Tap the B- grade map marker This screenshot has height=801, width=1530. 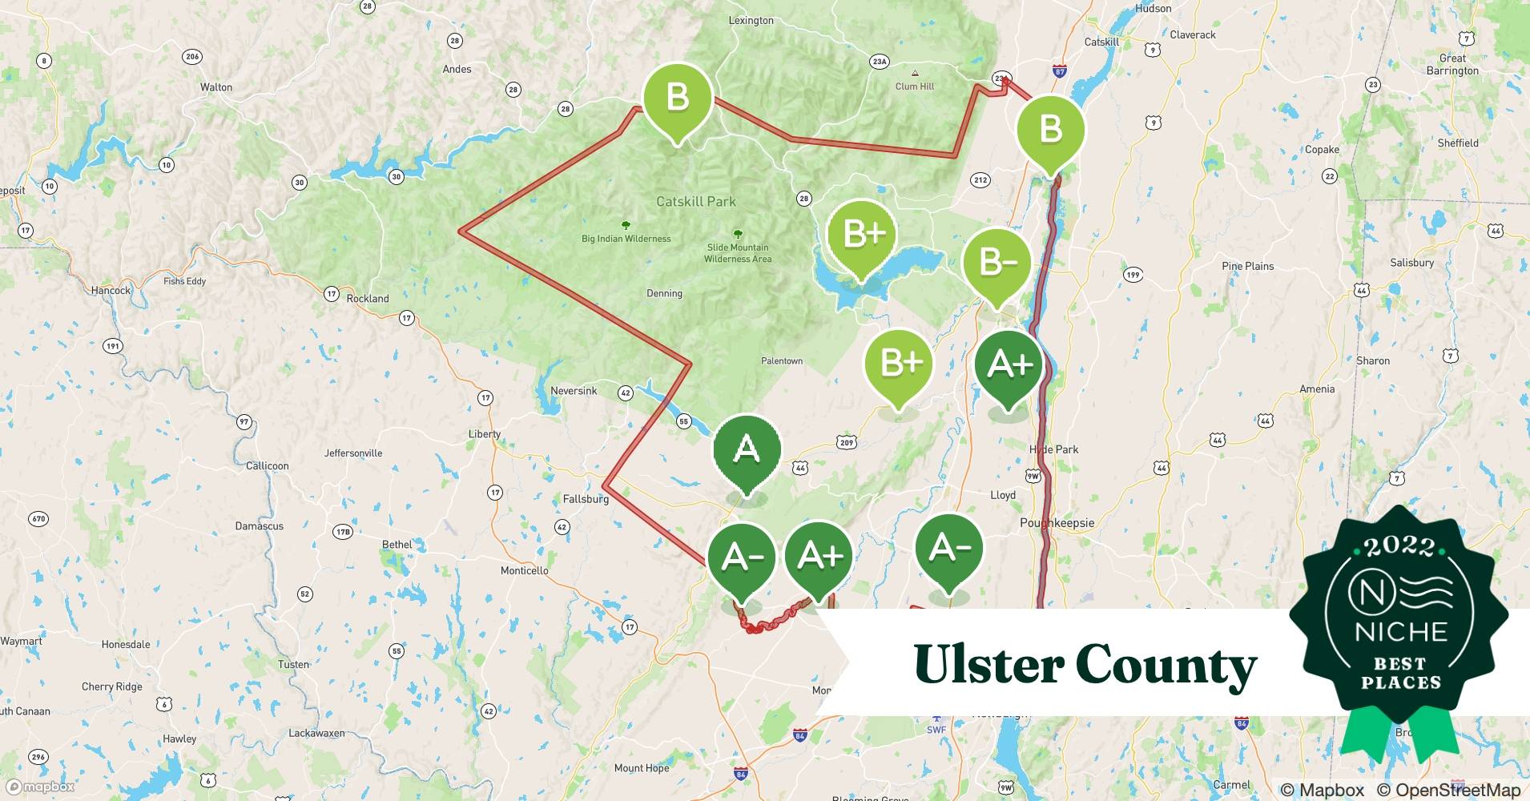(997, 263)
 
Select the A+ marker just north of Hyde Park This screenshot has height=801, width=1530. (1009, 364)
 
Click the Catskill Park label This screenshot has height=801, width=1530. (695, 202)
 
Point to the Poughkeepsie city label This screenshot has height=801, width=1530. (1057, 523)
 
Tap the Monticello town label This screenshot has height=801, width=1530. (525, 570)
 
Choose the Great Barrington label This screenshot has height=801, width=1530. (1452, 64)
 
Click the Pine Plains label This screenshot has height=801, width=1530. (1247, 266)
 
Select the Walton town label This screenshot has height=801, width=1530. (216, 87)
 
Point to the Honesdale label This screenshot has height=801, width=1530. (126, 644)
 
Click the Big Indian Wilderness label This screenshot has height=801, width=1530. (626, 239)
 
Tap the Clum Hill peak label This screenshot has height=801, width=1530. (915, 87)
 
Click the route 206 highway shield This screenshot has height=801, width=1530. (192, 56)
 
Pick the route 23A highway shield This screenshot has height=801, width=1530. (880, 62)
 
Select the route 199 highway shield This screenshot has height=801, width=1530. (1133, 275)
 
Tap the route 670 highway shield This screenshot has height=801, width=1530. (38, 519)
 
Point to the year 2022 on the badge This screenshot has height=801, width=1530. (1399, 546)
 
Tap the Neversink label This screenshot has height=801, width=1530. (574, 391)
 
